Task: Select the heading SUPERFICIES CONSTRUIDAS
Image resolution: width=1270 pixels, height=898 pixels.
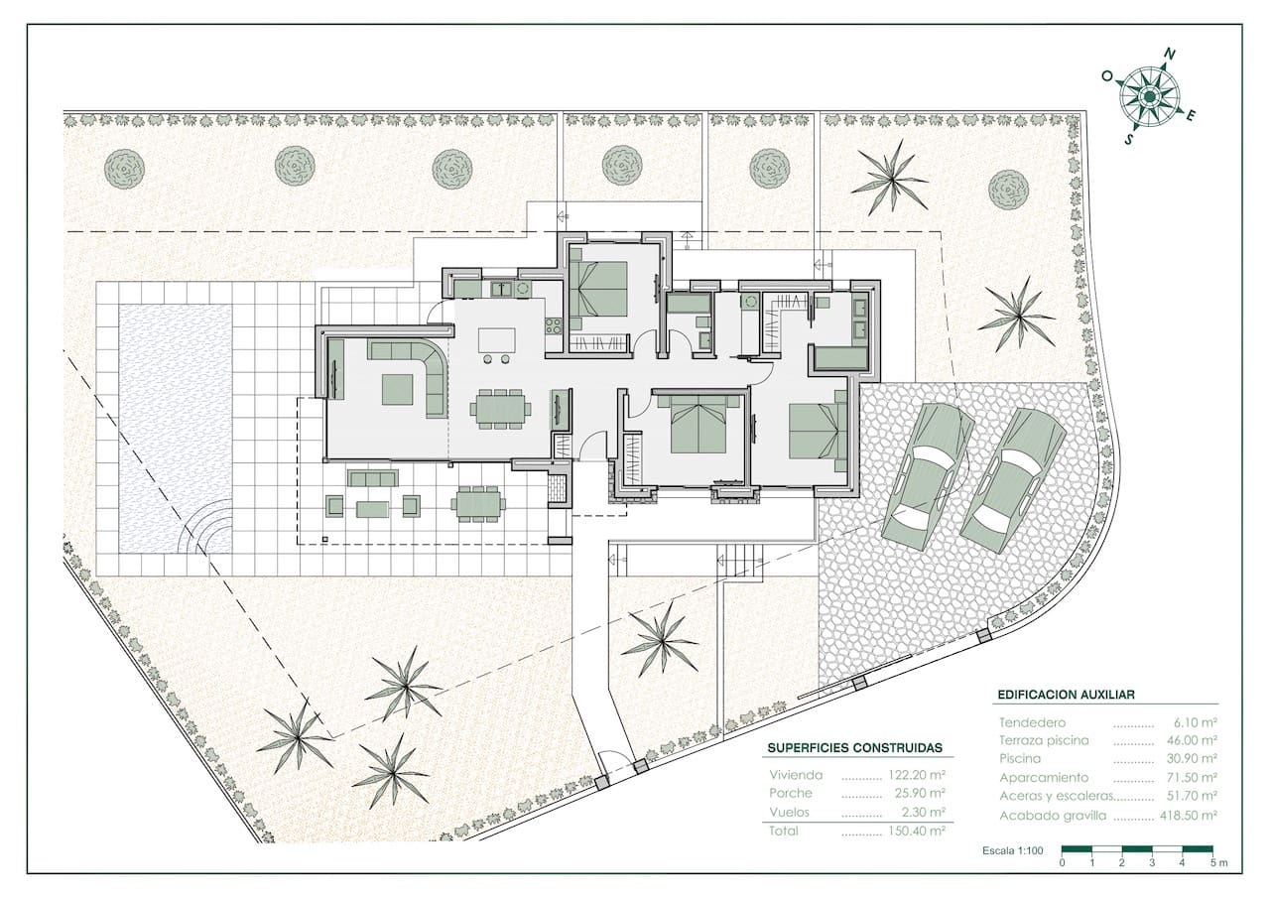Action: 855,748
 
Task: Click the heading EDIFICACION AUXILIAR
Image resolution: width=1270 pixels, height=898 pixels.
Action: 1066,695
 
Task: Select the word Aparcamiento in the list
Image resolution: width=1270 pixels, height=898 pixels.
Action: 1036,778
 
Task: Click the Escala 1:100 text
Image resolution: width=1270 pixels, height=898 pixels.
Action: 1013,850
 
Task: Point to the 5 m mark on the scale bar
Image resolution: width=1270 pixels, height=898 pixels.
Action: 1218,863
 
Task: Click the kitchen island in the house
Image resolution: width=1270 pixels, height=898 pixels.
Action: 497,340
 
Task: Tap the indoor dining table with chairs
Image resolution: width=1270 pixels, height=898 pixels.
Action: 500,409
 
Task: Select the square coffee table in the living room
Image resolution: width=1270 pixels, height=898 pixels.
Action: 398,389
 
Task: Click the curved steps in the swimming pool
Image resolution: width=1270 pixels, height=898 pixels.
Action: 206,526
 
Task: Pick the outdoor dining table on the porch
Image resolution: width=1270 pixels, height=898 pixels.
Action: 478,503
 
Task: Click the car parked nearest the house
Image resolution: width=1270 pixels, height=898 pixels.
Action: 929,475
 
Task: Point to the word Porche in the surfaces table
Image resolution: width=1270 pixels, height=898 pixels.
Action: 791,793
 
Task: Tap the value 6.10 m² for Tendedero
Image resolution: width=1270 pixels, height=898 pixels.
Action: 1196,722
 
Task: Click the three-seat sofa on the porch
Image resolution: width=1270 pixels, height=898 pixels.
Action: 372,478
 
